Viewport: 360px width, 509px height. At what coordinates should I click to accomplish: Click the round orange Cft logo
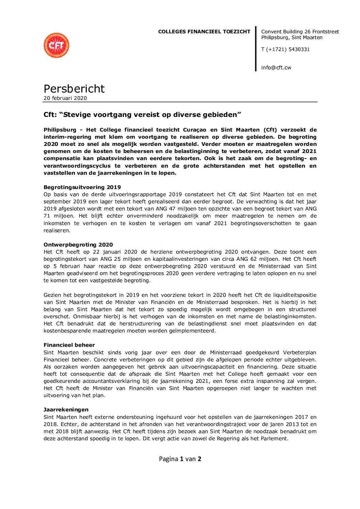[x=56, y=45]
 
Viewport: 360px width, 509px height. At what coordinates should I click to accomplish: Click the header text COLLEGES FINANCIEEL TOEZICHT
[x=204, y=32]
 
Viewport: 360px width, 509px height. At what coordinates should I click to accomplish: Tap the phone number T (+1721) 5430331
[x=285, y=49]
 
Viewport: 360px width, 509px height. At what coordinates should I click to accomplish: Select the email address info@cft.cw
[x=276, y=67]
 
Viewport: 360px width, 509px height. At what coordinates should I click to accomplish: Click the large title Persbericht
[x=74, y=88]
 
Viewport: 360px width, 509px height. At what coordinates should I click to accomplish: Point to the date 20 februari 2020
[x=65, y=98]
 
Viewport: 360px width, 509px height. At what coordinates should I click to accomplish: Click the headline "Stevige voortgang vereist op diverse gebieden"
[x=142, y=115]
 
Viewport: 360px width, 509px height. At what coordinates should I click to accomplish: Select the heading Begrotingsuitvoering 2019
[x=82, y=187]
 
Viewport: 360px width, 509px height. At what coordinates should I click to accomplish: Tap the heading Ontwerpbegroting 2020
[x=78, y=244]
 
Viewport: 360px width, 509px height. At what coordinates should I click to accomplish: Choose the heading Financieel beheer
[x=69, y=345]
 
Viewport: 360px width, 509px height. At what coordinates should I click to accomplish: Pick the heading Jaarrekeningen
[x=66, y=409]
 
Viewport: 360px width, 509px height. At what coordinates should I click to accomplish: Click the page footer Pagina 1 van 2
[x=180, y=459]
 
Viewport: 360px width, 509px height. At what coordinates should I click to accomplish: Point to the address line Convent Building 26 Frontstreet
[x=300, y=32]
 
